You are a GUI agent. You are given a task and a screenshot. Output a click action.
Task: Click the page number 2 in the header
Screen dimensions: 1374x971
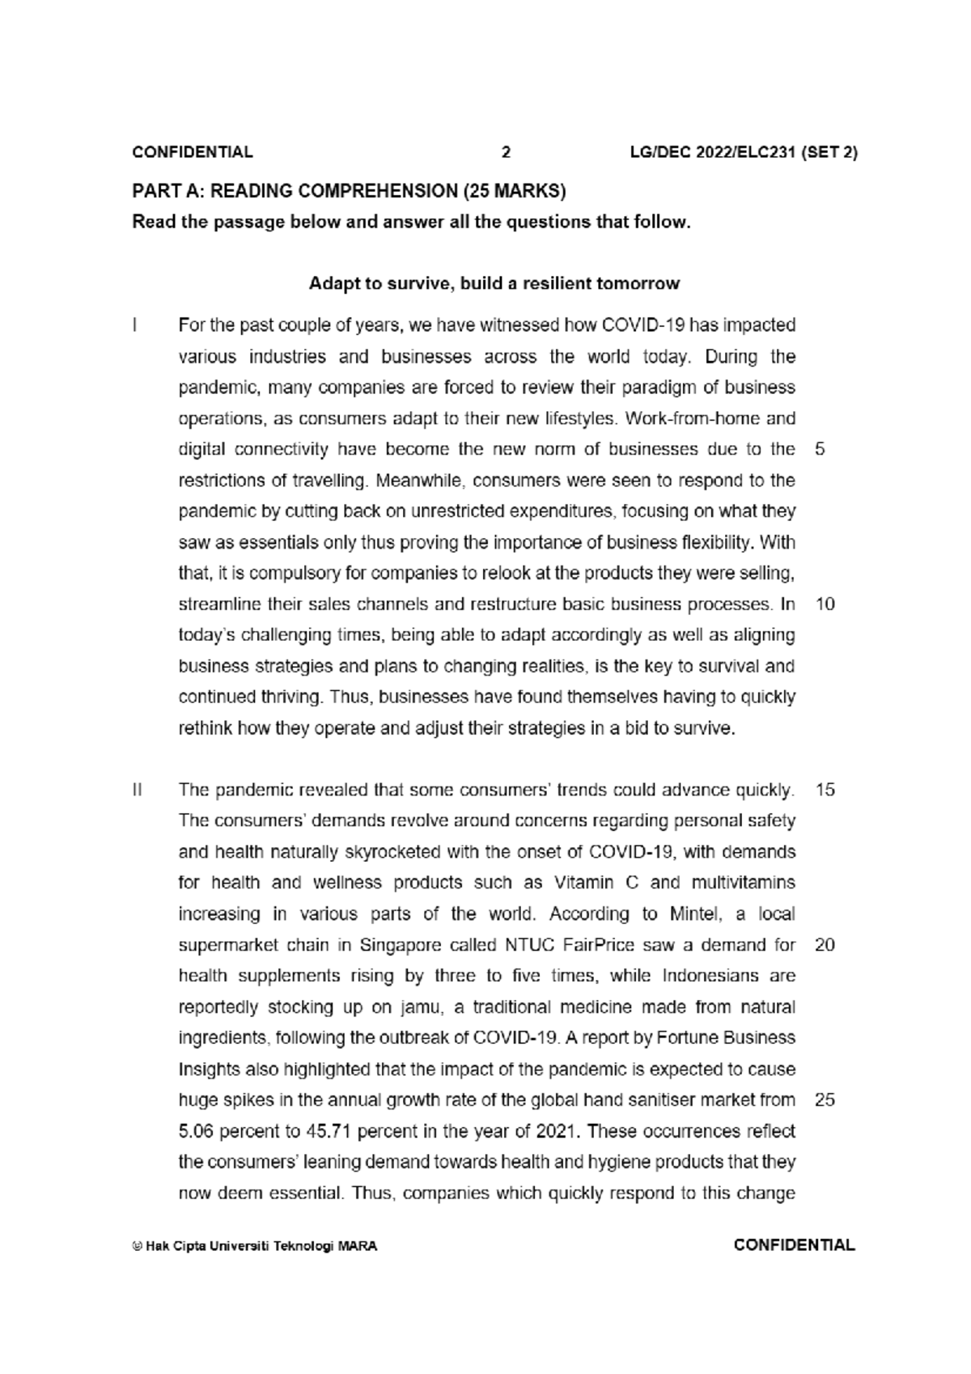pyautogui.click(x=506, y=152)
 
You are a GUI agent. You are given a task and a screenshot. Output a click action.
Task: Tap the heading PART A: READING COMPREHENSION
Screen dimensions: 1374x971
pyautogui.click(x=349, y=191)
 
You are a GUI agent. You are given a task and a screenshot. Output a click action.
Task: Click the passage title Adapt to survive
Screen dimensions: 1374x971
pyautogui.click(x=494, y=284)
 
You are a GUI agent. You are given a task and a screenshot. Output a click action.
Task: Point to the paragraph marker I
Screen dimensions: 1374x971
pyautogui.click(x=135, y=325)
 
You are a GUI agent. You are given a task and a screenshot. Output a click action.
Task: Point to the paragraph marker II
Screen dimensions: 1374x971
pyautogui.click(x=138, y=790)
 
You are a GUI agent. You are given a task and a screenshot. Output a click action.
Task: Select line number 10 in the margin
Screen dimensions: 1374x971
pyautogui.click(x=825, y=604)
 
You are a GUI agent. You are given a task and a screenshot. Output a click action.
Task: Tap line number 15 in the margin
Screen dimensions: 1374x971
pyautogui.click(x=825, y=790)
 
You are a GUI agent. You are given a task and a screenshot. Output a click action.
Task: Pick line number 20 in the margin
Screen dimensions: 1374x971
pyautogui.click(x=825, y=945)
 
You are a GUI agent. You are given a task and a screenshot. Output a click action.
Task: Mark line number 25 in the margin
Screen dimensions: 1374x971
pyautogui.click(x=825, y=1100)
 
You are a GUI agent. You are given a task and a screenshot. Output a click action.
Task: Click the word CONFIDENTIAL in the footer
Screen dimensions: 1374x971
pyautogui.click(x=794, y=1245)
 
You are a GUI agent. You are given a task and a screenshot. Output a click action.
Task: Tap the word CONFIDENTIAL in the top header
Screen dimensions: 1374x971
pyautogui.click(x=193, y=152)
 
